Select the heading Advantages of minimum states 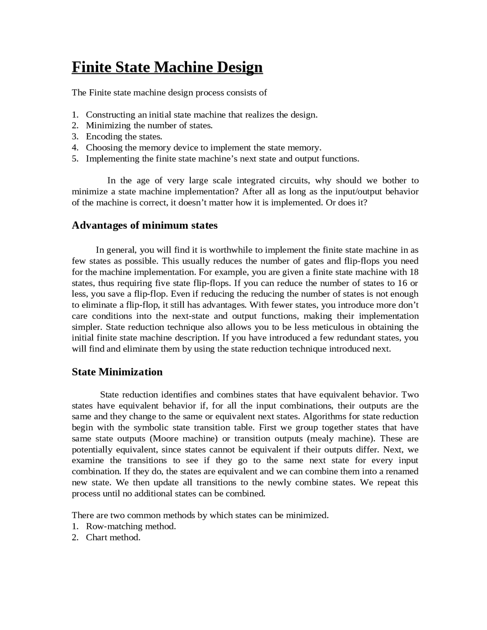click(x=145, y=226)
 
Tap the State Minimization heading click(x=117, y=372)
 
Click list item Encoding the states click(x=124, y=137)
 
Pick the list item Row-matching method click(x=131, y=527)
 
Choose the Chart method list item click(x=113, y=538)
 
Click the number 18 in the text click(x=414, y=272)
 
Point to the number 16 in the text click(x=402, y=283)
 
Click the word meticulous click(x=321, y=327)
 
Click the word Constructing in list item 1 click(x=110, y=115)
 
